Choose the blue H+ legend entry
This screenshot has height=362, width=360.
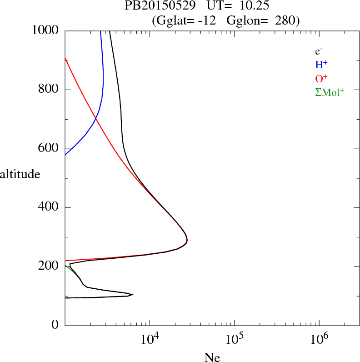[x=321, y=65]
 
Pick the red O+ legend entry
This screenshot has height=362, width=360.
[x=321, y=78]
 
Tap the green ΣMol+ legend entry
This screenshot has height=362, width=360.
[x=330, y=91]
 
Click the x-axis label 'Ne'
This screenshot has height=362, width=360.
[x=212, y=357]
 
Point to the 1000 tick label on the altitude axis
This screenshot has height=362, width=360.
[x=45, y=30]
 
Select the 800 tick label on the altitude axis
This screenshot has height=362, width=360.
[x=49, y=90]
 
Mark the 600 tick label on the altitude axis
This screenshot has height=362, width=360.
[x=49, y=149]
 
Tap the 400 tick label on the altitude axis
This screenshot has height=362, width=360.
[x=49, y=208]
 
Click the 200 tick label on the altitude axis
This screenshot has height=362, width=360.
[x=49, y=266]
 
